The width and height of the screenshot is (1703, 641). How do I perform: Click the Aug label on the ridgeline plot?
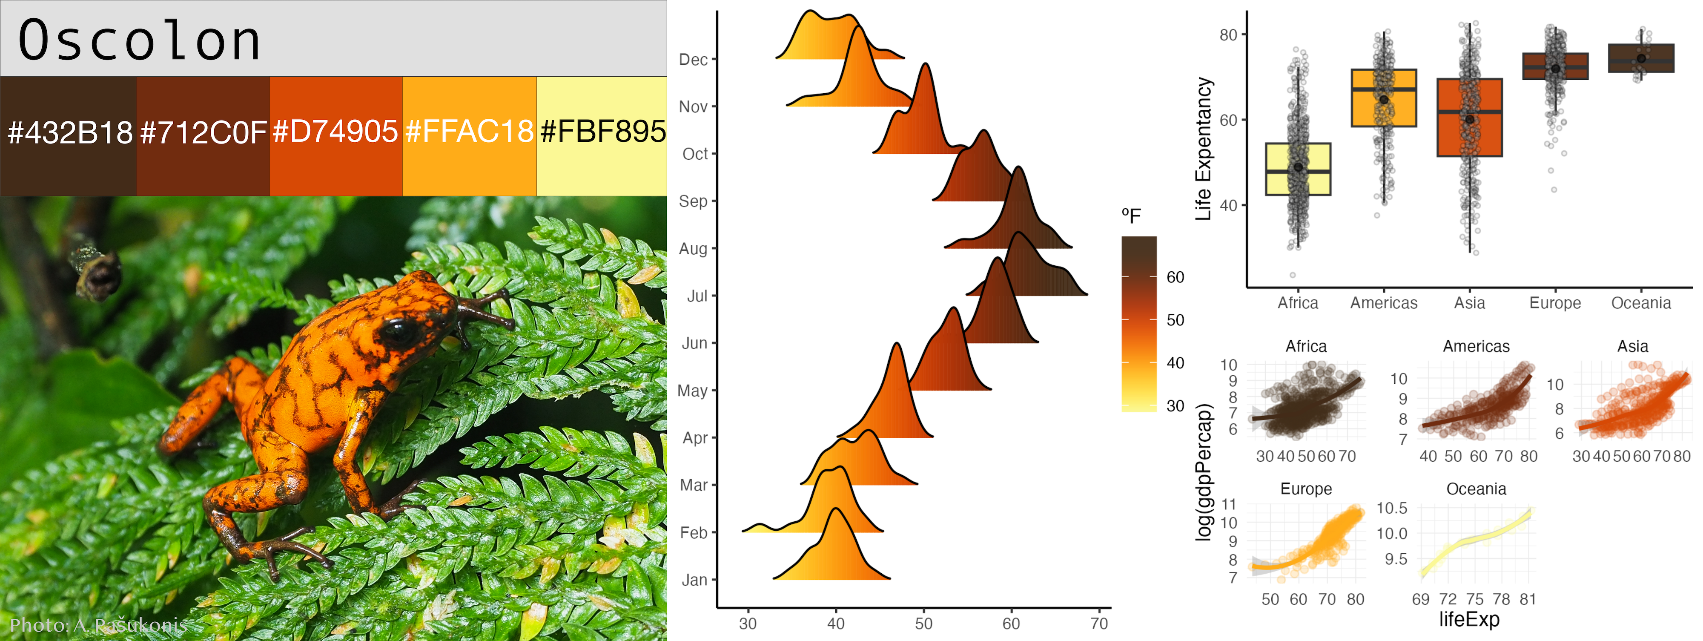tap(693, 249)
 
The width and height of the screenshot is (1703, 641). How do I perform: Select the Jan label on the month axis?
tap(694, 580)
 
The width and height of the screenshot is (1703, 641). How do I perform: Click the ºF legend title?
tap(1131, 216)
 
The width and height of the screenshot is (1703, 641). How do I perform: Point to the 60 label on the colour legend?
tap(1175, 277)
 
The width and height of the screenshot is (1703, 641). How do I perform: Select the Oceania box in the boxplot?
tap(1641, 58)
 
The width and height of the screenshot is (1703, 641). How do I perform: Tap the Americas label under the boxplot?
tap(1384, 303)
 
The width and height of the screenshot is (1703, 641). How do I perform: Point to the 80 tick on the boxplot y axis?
tap(1228, 35)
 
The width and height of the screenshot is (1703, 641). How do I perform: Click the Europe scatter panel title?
tap(1306, 489)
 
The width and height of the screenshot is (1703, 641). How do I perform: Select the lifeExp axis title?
tap(1469, 619)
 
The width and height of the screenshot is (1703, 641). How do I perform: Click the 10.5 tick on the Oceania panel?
tap(1392, 508)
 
